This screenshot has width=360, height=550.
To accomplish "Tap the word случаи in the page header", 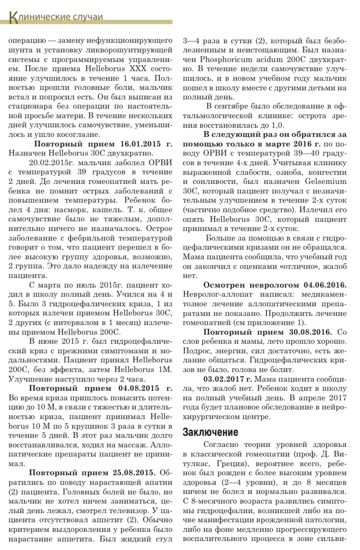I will [86, 17].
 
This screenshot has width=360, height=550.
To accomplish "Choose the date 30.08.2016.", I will [306, 332].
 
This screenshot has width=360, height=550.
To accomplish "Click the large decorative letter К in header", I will [14, 17].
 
